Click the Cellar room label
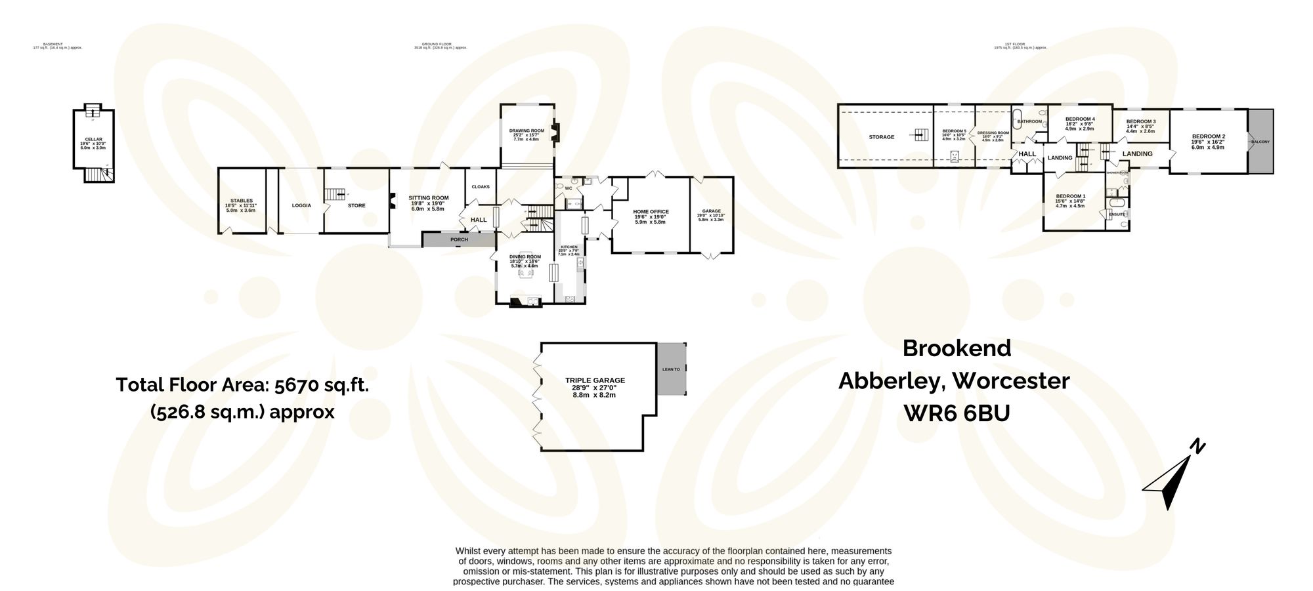94,140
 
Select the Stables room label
242,201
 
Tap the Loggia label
301,205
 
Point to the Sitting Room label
429,198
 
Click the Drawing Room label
527,131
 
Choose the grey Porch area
459,239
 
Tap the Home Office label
651,212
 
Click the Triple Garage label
595,380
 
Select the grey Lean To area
671,369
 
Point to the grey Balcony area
1260,142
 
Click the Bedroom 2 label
1209,137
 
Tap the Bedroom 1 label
1070,196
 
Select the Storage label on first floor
881,137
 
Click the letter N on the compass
1197,447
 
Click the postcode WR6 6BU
957,413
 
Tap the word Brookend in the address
957,348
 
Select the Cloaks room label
481,187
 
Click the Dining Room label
525,256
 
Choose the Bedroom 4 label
1079,119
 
